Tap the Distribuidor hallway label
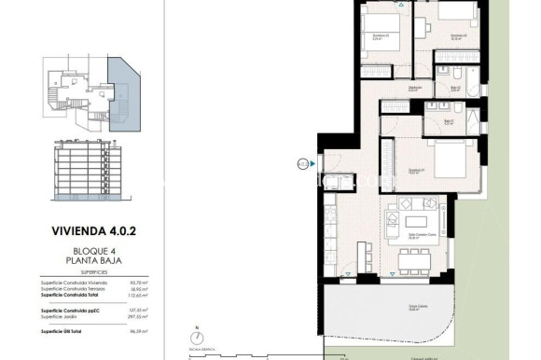413,90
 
